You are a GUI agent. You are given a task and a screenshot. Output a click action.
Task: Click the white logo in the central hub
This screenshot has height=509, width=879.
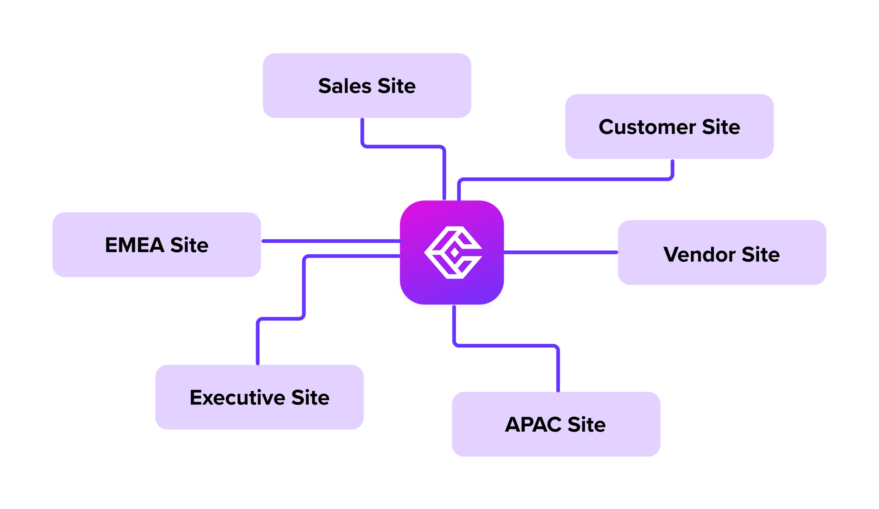[x=453, y=252]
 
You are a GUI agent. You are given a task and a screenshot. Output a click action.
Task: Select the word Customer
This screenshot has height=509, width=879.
[x=647, y=127]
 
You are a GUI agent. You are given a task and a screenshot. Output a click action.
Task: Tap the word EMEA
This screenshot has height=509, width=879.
[x=135, y=245]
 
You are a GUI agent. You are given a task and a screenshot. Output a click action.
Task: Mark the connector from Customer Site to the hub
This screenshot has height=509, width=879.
[x=565, y=179]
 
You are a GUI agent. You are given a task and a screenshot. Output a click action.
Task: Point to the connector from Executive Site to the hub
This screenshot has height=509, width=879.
[x=304, y=286]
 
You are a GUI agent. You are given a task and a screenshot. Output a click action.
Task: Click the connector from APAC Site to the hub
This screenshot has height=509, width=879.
[x=506, y=346]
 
